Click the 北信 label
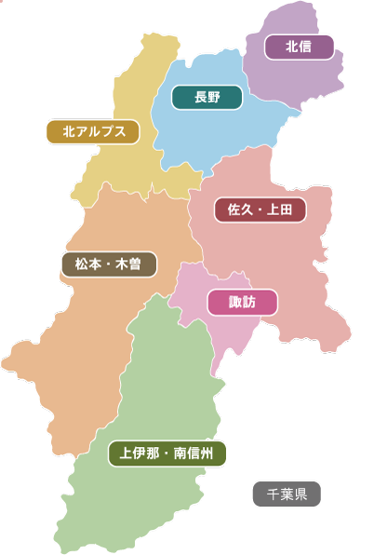299,47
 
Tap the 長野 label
207,98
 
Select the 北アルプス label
93,132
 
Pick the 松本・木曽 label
108,264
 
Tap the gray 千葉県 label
287,494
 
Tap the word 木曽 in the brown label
129,264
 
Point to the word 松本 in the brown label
87,264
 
